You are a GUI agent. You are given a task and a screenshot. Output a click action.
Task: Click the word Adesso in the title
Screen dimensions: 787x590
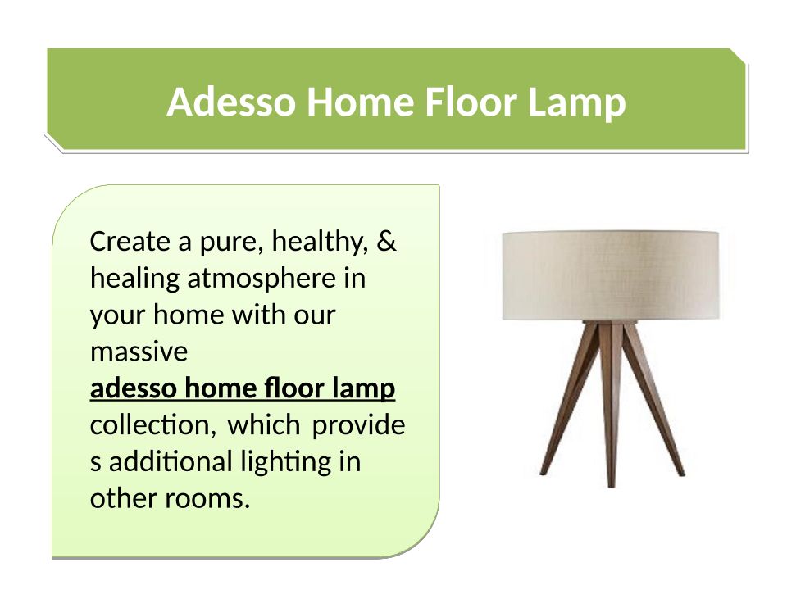231,102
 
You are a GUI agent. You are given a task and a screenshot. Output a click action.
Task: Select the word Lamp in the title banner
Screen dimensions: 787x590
576,104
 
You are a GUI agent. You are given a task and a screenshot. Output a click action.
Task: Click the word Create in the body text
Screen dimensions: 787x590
130,241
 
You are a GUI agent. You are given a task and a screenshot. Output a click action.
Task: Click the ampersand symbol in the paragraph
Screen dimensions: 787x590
386,241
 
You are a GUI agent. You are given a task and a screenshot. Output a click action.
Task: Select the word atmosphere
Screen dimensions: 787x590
262,279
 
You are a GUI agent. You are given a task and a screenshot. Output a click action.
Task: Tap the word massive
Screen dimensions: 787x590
139,352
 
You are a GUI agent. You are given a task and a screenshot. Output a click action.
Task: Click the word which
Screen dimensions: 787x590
264,425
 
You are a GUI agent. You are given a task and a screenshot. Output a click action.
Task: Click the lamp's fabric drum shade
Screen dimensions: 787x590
611,275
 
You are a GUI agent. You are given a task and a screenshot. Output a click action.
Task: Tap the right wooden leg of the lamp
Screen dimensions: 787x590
653,399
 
